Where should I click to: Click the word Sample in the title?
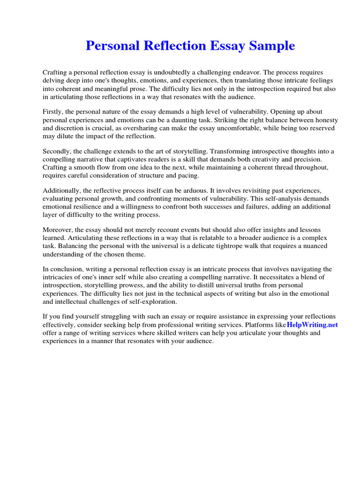272,45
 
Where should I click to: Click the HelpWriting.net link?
312,324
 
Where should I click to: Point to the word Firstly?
53,112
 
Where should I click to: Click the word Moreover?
57,230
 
